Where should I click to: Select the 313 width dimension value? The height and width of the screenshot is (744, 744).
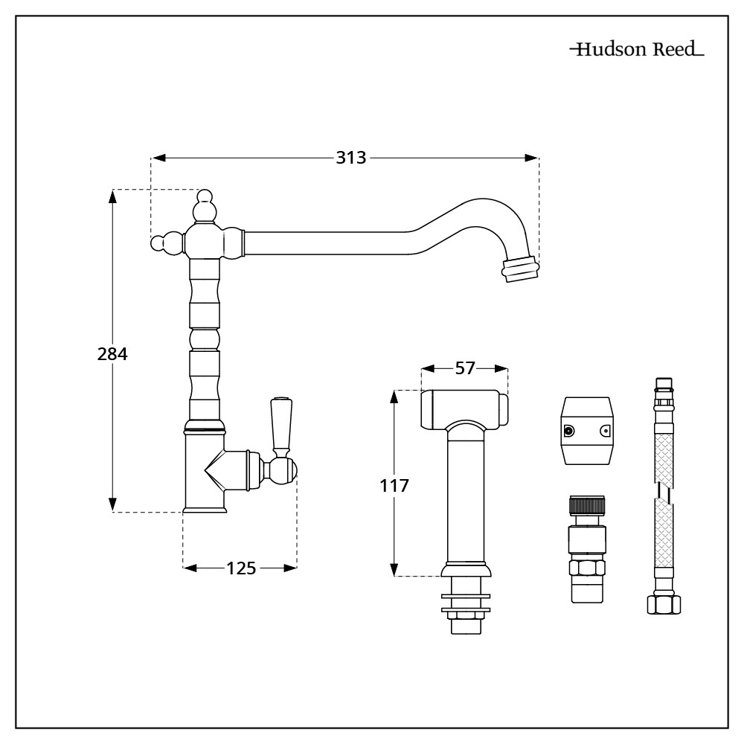point(350,158)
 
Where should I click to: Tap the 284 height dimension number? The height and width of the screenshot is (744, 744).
point(113,354)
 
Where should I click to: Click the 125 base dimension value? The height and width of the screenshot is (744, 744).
point(241,568)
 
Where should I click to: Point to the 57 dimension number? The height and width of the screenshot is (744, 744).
point(465,368)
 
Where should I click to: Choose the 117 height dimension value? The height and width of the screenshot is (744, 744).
point(394,487)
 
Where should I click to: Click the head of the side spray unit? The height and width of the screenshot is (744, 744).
point(465,408)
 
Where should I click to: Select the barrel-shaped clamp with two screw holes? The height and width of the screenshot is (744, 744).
point(587,431)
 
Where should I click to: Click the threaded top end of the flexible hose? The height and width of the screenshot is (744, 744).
point(663,387)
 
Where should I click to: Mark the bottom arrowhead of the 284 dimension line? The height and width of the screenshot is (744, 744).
point(113,505)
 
